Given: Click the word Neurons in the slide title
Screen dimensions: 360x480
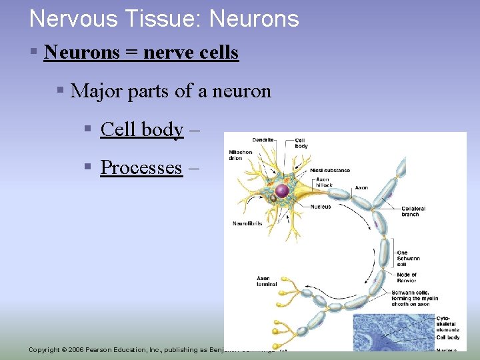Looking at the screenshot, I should [254, 19].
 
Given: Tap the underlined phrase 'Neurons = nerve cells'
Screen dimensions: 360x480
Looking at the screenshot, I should [141, 52].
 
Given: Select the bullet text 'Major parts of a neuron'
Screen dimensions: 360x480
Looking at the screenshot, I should [171, 90].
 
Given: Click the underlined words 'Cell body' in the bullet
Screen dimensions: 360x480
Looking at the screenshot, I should [141, 129].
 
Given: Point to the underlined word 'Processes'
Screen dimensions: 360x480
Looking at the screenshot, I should [141, 167].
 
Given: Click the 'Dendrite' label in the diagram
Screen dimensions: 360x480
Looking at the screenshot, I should [263, 140].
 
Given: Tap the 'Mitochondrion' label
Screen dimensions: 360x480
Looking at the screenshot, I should [240, 155].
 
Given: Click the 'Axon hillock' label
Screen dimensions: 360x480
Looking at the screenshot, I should [323, 183].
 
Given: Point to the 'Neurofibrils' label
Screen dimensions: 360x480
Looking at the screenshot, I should [246, 223].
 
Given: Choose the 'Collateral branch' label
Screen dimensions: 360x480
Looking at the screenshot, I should [413, 212].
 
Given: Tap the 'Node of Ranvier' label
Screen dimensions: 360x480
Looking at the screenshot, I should [407, 277].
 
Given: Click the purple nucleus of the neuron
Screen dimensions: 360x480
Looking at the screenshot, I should [283, 191].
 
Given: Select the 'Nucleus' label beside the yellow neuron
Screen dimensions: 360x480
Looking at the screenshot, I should [320, 207].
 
